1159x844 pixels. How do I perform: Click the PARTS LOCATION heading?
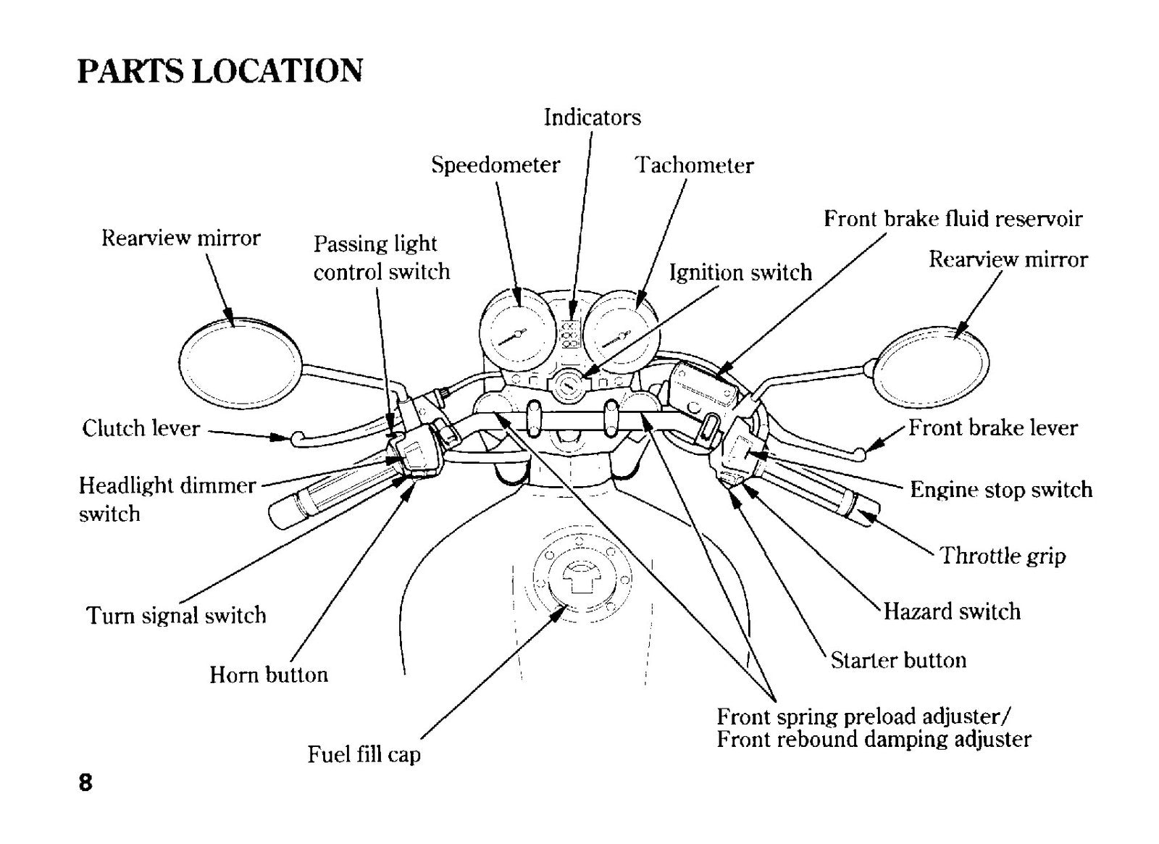click(x=220, y=71)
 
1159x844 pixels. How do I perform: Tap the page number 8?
click(x=85, y=782)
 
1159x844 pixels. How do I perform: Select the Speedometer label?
click(x=495, y=165)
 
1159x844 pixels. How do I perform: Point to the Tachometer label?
click(x=694, y=165)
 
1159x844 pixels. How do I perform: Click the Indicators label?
click(x=592, y=117)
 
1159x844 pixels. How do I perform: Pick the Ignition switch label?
click(x=740, y=272)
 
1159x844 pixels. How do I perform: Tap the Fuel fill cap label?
click(x=364, y=754)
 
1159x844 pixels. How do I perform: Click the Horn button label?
click(x=269, y=674)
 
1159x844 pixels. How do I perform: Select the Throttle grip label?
click(x=1003, y=556)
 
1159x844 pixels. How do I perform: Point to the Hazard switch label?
click(x=952, y=611)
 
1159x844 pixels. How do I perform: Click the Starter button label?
click(x=898, y=660)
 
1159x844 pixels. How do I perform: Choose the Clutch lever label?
click(x=141, y=428)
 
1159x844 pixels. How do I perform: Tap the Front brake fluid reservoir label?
click(x=953, y=219)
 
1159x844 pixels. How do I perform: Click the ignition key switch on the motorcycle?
click(x=568, y=385)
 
